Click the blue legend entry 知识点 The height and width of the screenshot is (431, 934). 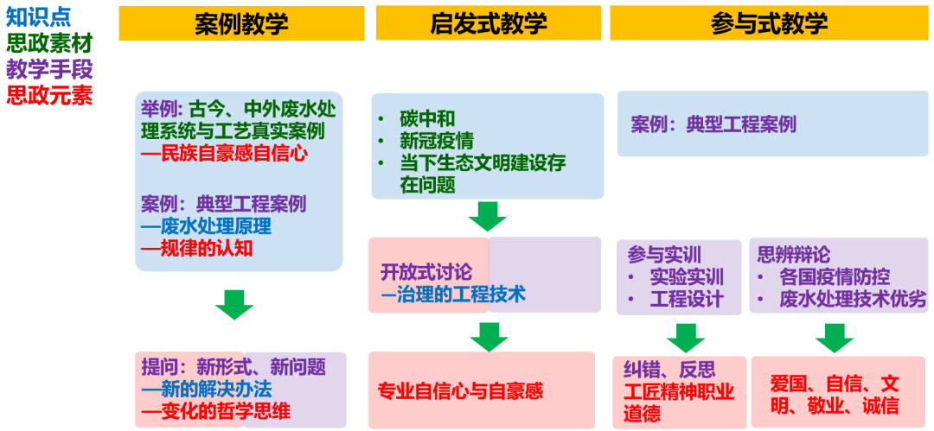point(38,16)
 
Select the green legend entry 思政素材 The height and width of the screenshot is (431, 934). point(48,42)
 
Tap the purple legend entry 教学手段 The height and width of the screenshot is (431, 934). point(48,68)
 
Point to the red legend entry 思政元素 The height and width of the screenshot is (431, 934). point(48,94)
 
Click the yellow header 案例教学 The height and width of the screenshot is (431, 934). point(241,23)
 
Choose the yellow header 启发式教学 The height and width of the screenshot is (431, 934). point(488,23)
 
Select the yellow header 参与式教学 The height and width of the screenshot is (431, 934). point(769,23)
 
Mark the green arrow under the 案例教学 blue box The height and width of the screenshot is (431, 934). point(234,304)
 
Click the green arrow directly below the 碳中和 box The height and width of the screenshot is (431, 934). point(488,216)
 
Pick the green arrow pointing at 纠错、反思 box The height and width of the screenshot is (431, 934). point(686,337)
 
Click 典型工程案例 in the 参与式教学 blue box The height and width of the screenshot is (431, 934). point(713,124)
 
